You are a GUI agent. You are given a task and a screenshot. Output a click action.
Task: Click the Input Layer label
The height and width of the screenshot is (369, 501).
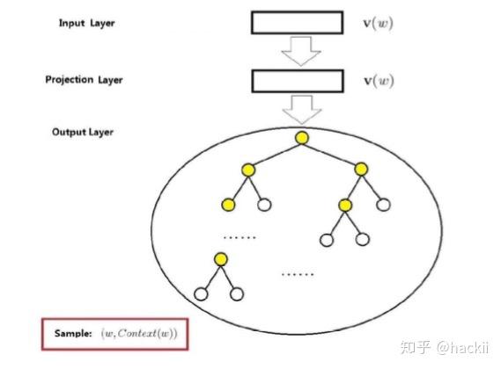pos(86,23)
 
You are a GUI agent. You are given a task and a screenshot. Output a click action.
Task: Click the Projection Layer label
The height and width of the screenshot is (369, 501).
pos(84,80)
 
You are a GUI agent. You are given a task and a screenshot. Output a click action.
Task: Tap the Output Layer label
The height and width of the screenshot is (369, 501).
pos(83,132)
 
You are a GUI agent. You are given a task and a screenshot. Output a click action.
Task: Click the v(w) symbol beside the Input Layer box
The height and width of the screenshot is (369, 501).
pos(379,23)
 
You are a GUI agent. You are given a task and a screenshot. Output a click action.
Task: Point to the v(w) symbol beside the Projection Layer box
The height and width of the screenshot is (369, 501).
pos(379,81)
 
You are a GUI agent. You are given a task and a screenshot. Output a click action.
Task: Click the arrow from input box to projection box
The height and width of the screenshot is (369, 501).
pos(301,51)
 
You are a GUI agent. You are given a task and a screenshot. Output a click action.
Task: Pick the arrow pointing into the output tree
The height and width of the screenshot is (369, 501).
pos(302,110)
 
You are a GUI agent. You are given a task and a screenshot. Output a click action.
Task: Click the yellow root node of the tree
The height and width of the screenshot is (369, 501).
pos(302,138)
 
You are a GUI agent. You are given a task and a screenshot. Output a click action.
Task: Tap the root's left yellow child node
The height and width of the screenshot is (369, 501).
pos(248,170)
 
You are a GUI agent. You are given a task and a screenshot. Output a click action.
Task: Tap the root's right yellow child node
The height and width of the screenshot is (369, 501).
pos(361,169)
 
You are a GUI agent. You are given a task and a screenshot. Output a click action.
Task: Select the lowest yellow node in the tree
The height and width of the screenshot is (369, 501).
pos(221,259)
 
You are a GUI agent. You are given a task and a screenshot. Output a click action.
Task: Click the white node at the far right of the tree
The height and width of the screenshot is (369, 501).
pos(383,205)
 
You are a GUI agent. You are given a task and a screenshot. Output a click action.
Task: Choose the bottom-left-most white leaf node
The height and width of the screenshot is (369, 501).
pos(201,294)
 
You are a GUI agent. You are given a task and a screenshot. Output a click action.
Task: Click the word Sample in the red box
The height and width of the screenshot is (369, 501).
pos(73,333)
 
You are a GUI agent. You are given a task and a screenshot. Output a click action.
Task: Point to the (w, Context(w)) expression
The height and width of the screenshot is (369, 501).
pos(139,334)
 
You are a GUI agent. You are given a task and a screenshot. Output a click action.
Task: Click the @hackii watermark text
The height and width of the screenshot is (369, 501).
pos(462,347)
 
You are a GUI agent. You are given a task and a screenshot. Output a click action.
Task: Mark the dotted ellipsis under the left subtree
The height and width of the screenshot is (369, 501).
pos(239,237)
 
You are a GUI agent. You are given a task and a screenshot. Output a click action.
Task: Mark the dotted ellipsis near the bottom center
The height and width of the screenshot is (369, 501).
pos(298,274)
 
